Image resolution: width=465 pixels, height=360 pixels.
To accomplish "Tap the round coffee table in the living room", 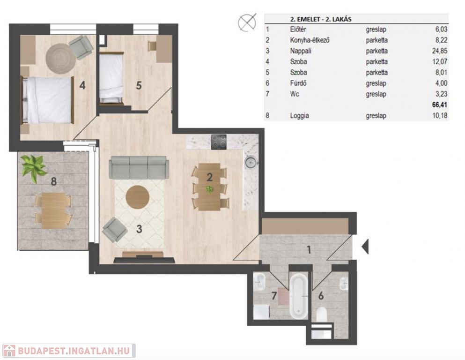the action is click(137, 197).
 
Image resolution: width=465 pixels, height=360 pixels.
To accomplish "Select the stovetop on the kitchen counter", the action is click(219, 142).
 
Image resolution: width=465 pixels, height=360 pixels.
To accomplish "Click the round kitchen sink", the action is click(250, 163).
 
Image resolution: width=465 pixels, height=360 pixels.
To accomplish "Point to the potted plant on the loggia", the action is click(34, 168).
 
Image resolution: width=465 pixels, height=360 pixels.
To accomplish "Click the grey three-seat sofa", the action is click(139, 168).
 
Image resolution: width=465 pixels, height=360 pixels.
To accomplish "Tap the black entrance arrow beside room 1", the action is click(365, 246).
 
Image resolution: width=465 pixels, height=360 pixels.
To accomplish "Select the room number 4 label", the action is click(82, 85).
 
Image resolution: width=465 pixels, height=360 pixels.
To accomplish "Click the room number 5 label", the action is click(139, 85).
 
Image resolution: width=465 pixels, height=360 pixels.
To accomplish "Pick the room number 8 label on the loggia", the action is click(54, 181).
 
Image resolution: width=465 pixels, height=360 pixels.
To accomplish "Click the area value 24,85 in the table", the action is click(440, 51).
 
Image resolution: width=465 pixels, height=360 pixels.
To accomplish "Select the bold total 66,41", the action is click(440, 105).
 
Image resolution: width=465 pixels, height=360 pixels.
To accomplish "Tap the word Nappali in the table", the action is click(301, 51).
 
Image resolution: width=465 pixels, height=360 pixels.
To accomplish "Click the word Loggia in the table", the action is click(299, 115).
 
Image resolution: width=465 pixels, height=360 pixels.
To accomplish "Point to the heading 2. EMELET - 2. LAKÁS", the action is click(321, 19).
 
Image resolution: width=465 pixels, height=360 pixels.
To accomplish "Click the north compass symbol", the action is click(247, 22).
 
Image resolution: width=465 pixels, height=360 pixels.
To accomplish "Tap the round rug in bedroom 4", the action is click(61, 59).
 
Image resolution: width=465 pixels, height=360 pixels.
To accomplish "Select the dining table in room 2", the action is click(209, 187).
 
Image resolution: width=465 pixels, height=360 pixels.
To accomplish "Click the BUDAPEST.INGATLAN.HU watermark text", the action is click(74, 351).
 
